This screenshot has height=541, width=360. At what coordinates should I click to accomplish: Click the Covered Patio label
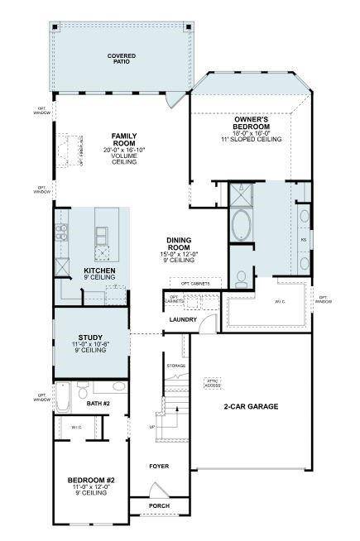point(121,59)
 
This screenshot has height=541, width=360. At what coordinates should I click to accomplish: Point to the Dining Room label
point(179,242)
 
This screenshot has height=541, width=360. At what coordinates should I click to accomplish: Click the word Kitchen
point(99,270)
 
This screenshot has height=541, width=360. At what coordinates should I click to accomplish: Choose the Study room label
point(90,338)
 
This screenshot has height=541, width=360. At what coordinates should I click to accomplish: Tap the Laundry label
point(181,318)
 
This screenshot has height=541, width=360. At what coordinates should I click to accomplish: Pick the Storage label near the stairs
point(175,365)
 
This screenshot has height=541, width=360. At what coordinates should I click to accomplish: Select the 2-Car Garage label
point(250,407)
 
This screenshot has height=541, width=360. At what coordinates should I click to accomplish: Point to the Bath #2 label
point(100,405)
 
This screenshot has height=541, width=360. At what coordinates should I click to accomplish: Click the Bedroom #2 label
point(90,479)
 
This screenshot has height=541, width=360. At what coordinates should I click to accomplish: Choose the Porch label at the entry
point(159,505)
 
